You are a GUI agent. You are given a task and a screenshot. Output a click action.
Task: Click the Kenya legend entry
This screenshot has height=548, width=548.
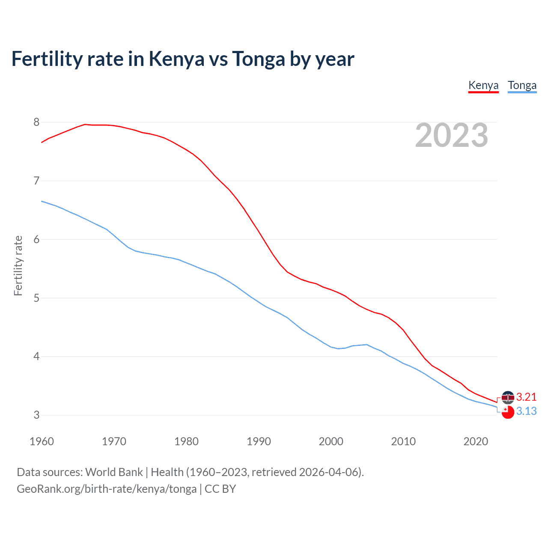click(x=483, y=85)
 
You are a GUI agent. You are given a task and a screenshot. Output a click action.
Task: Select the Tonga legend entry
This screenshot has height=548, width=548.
click(x=522, y=85)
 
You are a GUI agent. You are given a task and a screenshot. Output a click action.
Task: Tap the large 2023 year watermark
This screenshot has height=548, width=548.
click(x=452, y=135)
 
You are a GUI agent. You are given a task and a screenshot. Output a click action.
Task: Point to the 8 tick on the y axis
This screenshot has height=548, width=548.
click(x=36, y=122)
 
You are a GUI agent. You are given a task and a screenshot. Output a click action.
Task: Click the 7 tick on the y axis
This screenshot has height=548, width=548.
click(x=36, y=181)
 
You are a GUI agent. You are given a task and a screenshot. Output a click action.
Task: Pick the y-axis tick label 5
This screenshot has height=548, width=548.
click(x=36, y=298)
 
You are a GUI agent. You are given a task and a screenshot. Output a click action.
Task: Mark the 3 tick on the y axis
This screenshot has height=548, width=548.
click(x=36, y=415)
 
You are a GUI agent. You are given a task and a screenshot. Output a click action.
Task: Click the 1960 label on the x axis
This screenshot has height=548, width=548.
click(x=42, y=441)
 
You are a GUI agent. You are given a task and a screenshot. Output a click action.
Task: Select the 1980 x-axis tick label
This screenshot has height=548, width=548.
click(x=186, y=441)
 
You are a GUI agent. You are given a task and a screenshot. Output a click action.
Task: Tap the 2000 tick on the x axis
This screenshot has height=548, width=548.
click(x=331, y=441)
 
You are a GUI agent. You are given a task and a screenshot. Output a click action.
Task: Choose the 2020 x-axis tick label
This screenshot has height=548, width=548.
click(x=476, y=441)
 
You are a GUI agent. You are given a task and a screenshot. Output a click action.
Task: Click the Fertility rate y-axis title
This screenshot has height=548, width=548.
click(x=18, y=265)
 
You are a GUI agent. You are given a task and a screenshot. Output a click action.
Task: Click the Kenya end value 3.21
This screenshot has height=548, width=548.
click(x=526, y=397)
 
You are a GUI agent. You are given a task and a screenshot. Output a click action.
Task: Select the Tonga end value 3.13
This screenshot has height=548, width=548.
click(x=526, y=411)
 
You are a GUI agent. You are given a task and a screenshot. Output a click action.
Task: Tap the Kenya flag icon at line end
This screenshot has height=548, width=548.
click(x=508, y=397)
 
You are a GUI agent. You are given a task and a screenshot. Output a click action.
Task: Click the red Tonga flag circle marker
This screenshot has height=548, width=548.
click(x=508, y=412)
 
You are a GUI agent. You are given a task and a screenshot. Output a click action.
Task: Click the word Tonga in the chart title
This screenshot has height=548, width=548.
click(x=258, y=59)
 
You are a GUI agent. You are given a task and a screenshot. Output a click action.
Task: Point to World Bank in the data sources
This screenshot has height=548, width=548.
click(x=114, y=472)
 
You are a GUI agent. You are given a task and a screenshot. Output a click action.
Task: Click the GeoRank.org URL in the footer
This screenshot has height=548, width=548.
click(x=107, y=489)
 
